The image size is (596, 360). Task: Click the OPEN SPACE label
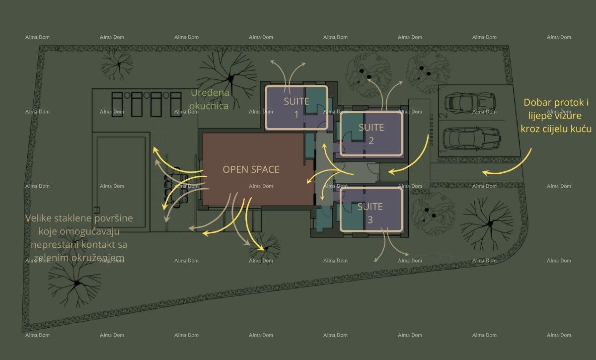pyautogui.click(x=251, y=169)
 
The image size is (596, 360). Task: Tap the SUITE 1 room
pyautogui.click(x=297, y=108)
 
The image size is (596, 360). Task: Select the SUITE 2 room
pyautogui.click(x=372, y=134)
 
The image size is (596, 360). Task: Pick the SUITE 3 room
pyautogui.click(x=372, y=209)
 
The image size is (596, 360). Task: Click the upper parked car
pyautogui.click(x=470, y=103)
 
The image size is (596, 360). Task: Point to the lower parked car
pyautogui.click(x=472, y=138)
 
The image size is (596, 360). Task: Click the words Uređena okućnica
pyautogui.click(x=210, y=99)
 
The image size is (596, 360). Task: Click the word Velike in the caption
pyautogui.click(x=38, y=218)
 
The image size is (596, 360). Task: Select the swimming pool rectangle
pyautogui.click(x=121, y=182)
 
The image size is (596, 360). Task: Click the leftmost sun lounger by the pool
pyautogui.click(x=117, y=104)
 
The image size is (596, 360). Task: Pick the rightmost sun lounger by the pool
pyautogui.click(x=176, y=104)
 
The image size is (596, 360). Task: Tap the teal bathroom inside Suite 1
pyautogui.click(x=315, y=100)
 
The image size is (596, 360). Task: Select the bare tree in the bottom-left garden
pyautogui.click(x=75, y=284)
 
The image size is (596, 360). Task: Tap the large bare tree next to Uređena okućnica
pyautogui.click(x=228, y=77)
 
